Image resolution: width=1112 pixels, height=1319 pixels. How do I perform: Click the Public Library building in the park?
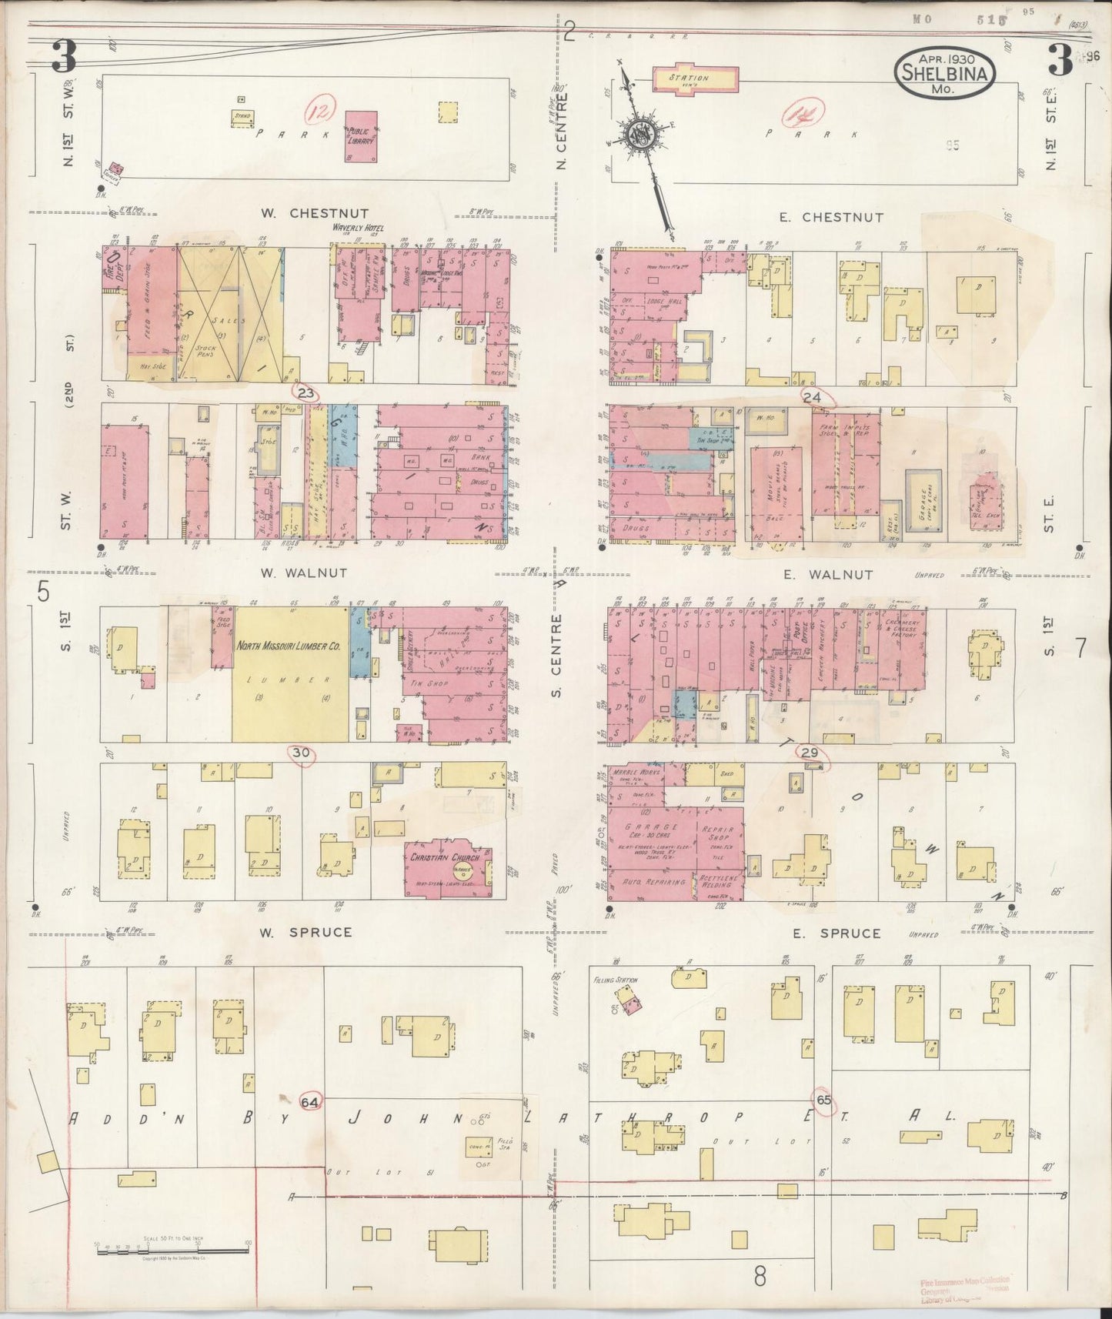click(x=361, y=135)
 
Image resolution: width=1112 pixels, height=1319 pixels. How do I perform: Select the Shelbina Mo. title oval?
click(x=944, y=74)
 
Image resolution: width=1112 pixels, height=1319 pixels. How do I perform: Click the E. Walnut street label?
click(x=827, y=575)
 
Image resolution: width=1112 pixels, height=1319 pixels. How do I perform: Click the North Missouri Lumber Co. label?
click(x=288, y=647)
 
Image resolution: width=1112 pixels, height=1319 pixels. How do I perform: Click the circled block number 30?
click(x=300, y=753)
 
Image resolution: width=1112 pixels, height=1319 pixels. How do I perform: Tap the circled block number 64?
click(x=310, y=1101)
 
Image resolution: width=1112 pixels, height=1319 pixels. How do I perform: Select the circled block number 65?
click(x=823, y=1100)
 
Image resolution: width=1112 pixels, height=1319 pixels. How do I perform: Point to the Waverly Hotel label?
click(x=358, y=228)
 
